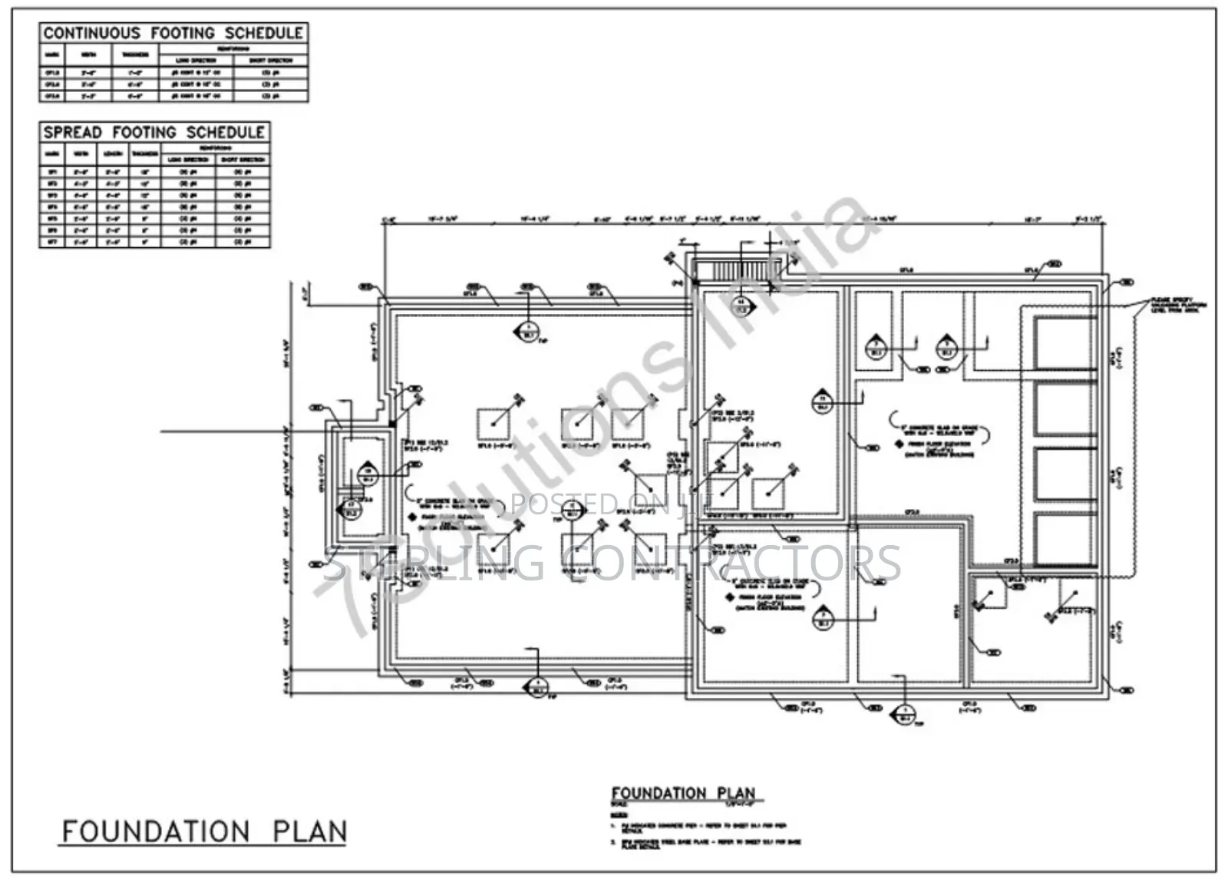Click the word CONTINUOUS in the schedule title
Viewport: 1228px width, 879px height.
[92, 33]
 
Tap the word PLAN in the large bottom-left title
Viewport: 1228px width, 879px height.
[309, 831]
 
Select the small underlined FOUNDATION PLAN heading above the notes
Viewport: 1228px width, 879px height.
[683, 793]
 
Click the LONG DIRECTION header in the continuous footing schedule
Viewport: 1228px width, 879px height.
[196, 60]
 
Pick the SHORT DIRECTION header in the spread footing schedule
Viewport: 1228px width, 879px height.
[243, 160]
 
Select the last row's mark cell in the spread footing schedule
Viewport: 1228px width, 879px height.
[53, 243]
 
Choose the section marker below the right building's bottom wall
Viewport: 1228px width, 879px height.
[904, 714]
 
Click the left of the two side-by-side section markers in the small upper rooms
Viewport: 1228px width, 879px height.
[876, 348]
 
